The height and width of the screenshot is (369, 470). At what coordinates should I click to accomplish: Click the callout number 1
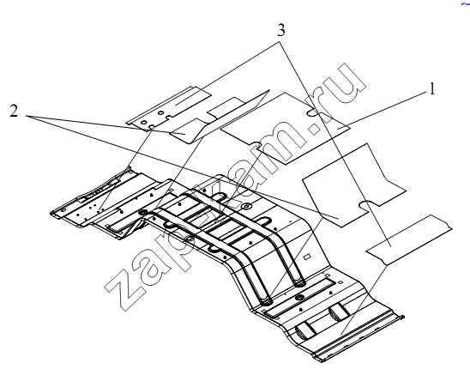coord(432,89)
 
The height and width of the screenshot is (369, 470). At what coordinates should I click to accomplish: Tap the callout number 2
coord(14,111)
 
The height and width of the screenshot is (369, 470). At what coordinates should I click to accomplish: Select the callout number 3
coord(280,30)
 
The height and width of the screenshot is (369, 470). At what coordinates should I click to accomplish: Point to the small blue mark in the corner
coord(466,3)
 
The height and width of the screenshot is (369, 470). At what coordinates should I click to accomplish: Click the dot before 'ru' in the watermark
coord(314,129)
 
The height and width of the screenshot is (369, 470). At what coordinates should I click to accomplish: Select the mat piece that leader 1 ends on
coord(286,129)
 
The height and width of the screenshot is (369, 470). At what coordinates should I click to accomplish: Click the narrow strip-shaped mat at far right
coord(409,240)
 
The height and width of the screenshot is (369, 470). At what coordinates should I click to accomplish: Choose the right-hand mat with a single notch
coord(354,185)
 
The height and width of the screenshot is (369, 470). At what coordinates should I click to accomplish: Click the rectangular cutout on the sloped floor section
coord(307,257)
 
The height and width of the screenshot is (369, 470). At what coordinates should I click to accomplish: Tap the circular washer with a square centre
coord(247,206)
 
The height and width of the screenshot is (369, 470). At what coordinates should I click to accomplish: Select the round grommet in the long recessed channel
coord(299,298)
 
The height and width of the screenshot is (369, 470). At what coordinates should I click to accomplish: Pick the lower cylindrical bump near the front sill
coord(304,332)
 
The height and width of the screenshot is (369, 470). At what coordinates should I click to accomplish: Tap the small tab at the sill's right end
coord(401,317)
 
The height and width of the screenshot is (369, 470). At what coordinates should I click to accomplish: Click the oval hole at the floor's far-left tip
coord(63,211)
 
